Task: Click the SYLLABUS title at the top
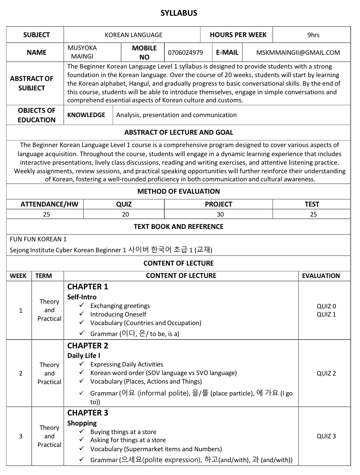pos(179,13)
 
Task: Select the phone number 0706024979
pos(185,52)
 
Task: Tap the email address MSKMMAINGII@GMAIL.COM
pos(298,52)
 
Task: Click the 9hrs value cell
pos(313,35)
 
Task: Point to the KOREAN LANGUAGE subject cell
pos(133,35)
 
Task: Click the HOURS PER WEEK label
pos(238,35)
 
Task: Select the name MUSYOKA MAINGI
pos(82,52)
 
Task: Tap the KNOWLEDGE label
pos(86,115)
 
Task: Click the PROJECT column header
pos(218,204)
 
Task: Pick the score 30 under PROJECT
pos(220,214)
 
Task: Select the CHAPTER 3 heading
pos(88,413)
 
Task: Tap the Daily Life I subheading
pos(84,356)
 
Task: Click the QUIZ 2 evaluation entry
pos(326,373)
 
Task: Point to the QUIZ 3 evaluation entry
pos(326,436)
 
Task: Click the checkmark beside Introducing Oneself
pos(81,314)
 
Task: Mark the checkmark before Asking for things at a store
pos(81,440)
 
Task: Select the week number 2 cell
pos(20,373)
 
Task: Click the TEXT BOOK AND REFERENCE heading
pos(178,227)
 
